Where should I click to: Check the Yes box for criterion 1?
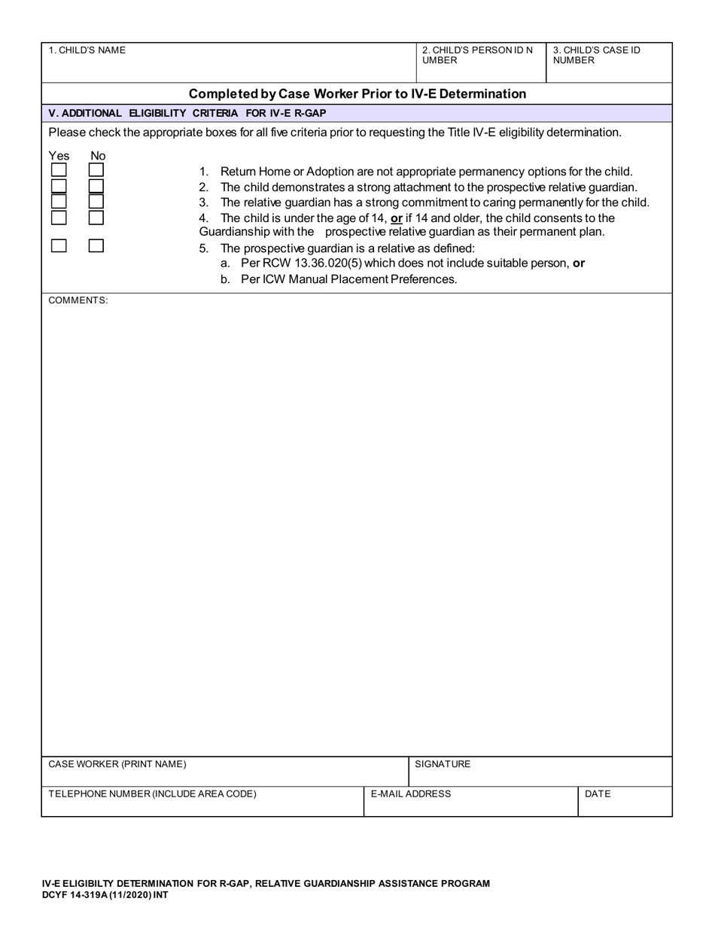click(x=59, y=170)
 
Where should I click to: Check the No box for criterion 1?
click(x=96, y=170)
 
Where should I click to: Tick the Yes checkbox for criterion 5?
click(x=59, y=245)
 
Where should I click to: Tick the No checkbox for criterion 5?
click(x=96, y=245)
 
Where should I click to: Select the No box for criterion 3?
click(x=96, y=202)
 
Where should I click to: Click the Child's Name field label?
click(x=87, y=50)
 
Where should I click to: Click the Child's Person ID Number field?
click(x=479, y=63)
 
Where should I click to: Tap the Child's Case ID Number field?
click(x=607, y=63)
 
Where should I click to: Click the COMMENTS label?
click(x=78, y=300)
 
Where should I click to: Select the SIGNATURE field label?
click(x=443, y=764)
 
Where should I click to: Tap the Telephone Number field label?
click(x=152, y=794)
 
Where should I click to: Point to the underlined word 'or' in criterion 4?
click(x=397, y=218)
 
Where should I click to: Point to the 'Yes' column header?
click(x=59, y=156)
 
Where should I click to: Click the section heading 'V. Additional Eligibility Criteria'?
click(x=187, y=114)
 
